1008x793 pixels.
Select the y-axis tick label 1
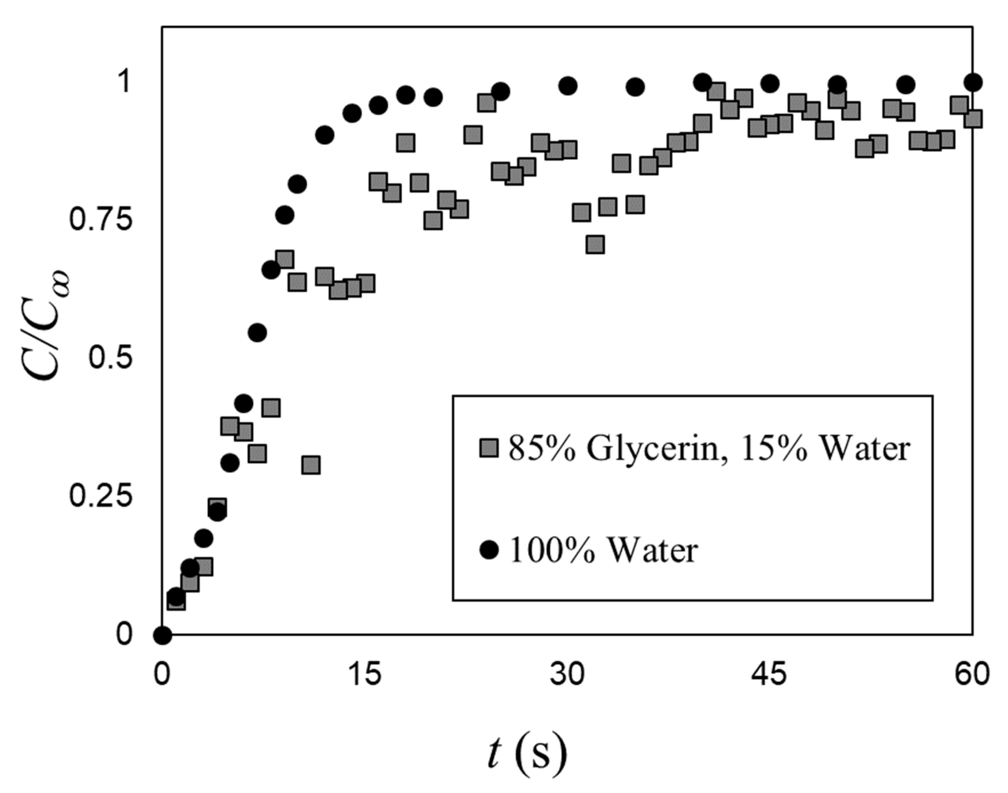pos(124,83)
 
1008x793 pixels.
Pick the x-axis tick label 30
pos(567,674)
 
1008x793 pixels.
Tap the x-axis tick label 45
pos(769,674)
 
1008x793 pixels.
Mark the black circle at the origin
pos(162,634)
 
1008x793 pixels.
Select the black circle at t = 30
pos(568,85)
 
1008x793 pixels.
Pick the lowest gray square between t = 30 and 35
pos(595,244)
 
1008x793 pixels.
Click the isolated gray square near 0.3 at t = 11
pos(311,465)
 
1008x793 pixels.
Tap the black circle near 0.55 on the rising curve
pos(257,332)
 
